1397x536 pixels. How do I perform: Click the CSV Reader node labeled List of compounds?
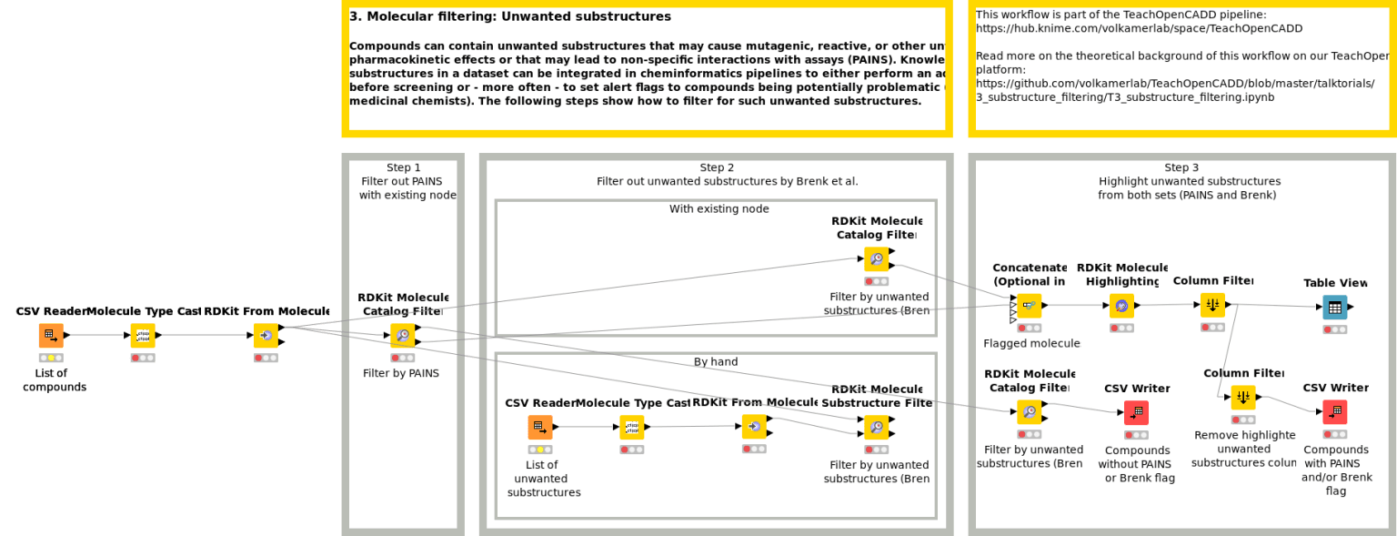51,336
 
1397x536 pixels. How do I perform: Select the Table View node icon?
1334,307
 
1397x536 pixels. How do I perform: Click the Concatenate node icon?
1029,306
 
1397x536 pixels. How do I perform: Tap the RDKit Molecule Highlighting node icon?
1121,306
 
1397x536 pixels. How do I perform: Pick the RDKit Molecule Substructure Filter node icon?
876,427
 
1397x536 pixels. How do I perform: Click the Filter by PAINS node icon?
402,336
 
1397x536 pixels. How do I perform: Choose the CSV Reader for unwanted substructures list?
539,427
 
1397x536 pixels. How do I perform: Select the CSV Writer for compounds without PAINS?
1136,412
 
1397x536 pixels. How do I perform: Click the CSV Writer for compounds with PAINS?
1334,412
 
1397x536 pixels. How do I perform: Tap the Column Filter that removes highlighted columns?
1243,398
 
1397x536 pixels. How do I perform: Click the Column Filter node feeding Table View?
1212,305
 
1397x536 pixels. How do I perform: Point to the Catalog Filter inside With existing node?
876,259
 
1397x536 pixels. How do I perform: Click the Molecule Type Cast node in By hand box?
632,427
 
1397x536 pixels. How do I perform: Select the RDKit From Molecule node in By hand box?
754,426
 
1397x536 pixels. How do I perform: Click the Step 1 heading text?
403,167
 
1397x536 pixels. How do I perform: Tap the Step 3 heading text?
1181,167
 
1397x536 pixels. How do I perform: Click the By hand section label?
716,362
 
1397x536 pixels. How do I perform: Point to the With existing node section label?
719,209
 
